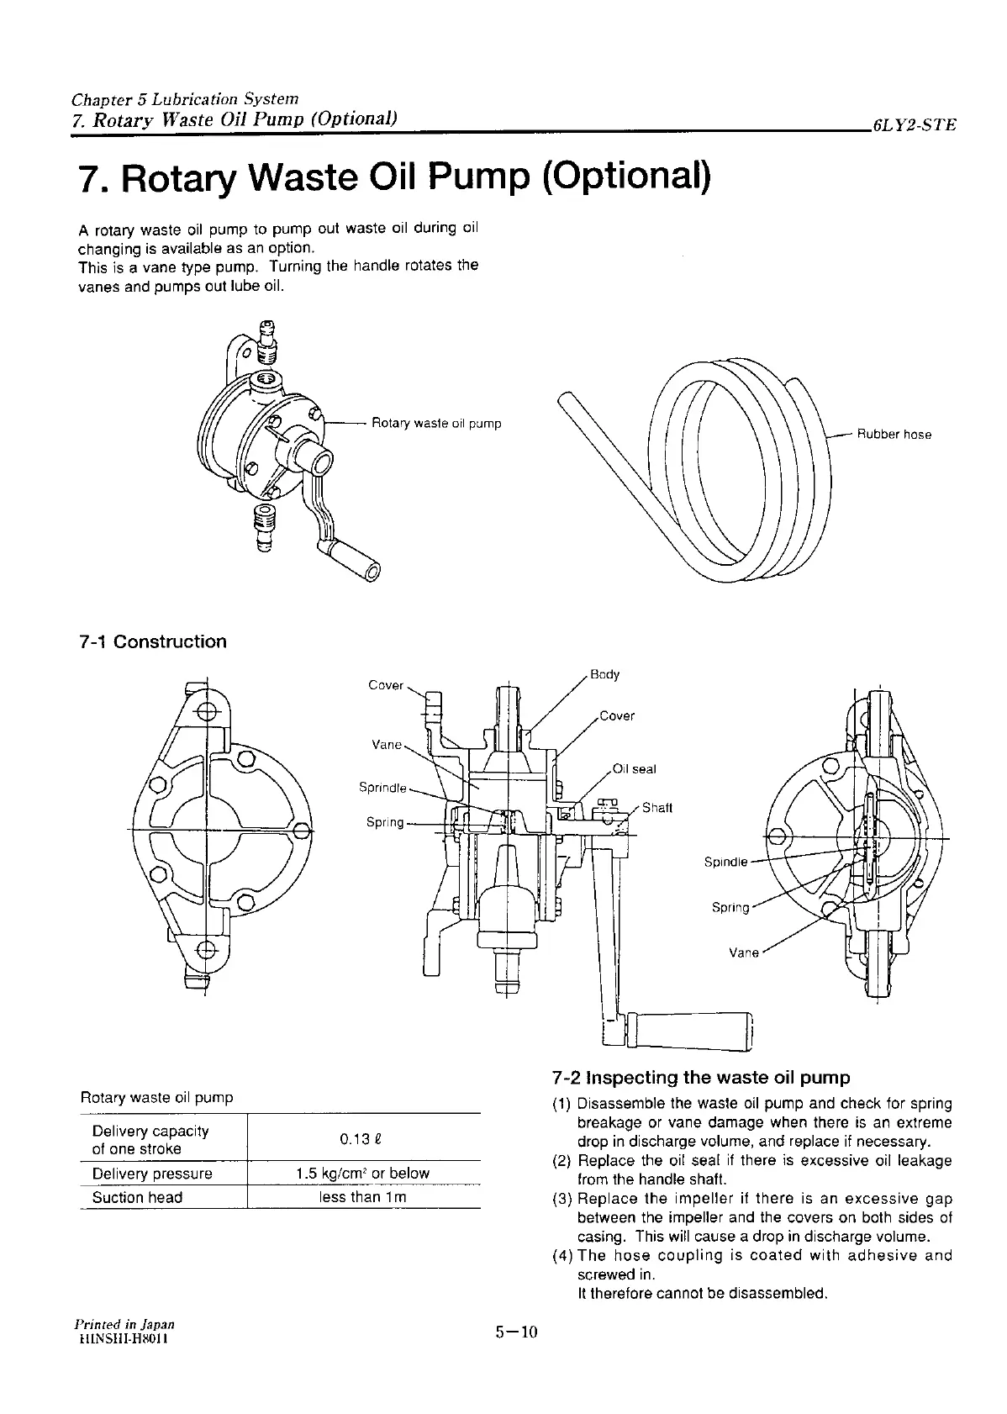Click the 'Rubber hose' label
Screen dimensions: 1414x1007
point(894,435)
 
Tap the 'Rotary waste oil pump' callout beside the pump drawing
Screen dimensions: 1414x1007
point(436,423)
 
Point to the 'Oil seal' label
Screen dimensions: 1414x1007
point(634,768)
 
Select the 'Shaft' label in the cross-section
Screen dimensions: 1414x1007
point(656,808)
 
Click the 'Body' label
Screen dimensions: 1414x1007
point(604,673)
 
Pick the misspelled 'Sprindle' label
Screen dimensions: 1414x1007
point(382,788)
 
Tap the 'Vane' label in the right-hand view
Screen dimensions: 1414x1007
point(744,952)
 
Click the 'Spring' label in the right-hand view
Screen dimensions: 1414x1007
point(730,907)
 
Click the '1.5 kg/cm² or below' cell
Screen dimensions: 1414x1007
point(363,1173)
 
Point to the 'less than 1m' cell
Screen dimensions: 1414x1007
point(363,1197)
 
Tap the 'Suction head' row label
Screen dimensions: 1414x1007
point(137,1197)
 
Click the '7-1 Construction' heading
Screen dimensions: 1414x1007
point(152,641)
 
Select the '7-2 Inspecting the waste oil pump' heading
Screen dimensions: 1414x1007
point(701,1077)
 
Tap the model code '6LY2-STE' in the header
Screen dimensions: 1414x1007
point(915,126)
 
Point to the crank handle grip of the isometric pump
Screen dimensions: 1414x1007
point(353,557)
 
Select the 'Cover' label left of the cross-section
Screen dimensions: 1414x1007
point(386,684)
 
